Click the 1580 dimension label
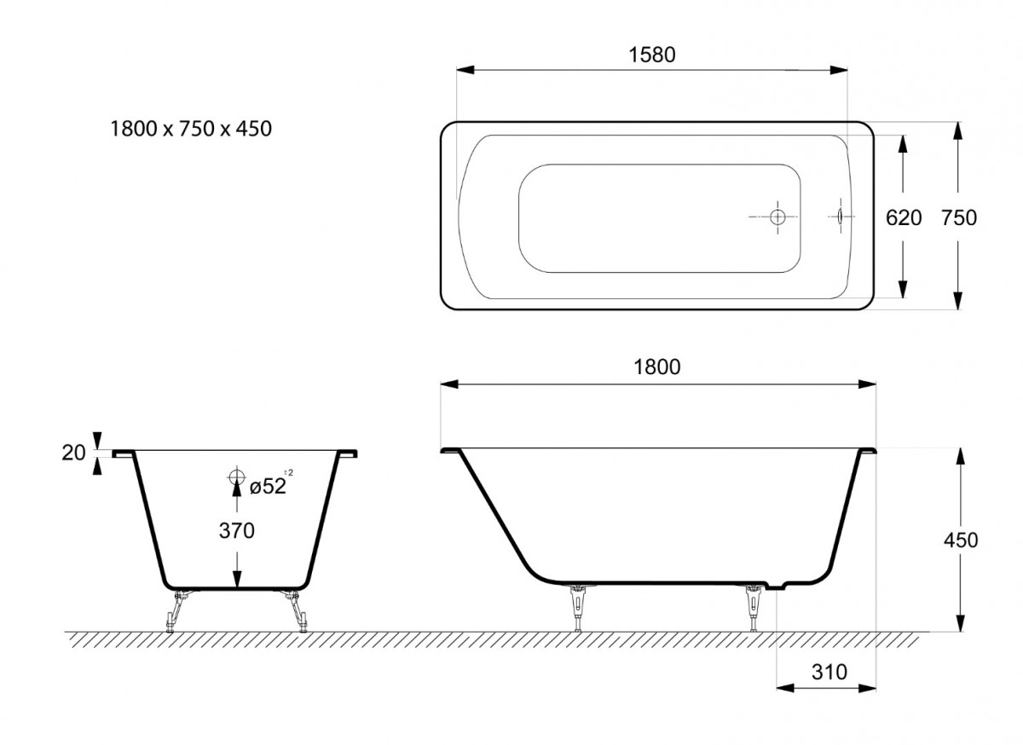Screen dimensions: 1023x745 pos(651,55)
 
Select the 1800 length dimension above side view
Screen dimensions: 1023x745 pos(656,367)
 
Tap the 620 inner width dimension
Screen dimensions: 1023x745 pos(904,218)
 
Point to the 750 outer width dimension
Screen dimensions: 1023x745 pos(958,218)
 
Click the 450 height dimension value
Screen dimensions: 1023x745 pos(961,540)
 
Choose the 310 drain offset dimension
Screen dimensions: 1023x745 pos(829,672)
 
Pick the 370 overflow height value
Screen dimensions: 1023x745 pos(237,531)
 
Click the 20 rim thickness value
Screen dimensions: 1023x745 pos(73,453)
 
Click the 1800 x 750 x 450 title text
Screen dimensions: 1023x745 pos(191,129)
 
